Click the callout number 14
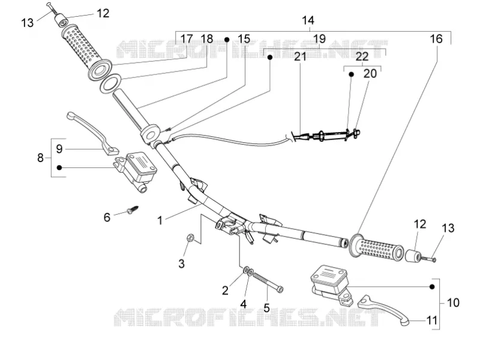[308, 20]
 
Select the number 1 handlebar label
[160, 220]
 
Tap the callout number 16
[436, 39]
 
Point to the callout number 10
[453, 303]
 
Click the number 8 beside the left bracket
[40, 158]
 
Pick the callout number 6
[107, 217]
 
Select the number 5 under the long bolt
[266, 308]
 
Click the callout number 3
[182, 263]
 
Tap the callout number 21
[300, 56]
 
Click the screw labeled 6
[133, 210]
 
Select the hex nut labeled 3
[190, 238]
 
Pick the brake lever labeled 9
[92, 131]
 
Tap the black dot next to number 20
[352, 74]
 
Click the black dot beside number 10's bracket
[432, 287]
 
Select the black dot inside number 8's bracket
[59, 167]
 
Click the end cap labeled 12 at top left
[62, 22]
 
